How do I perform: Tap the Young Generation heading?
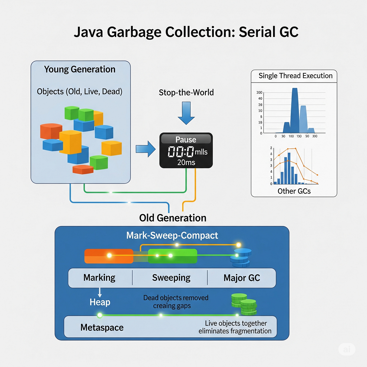pos(80,69)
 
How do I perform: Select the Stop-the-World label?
pos(186,92)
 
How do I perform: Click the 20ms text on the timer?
pos(186,162)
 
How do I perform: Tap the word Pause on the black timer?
pos(186,139)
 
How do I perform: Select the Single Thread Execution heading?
pos(295,76)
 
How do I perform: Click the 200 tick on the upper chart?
pos(259,92)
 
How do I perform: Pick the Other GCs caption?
pos(294,191)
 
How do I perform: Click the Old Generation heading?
pos(172,218)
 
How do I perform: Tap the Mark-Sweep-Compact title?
pos(172,235)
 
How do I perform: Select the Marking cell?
pos(99,278)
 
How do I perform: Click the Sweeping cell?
pos(171,278)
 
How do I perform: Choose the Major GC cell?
pos(242,278)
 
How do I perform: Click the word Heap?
pos(100,302)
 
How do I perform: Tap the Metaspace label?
pos(102,328)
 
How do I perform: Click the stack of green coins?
pos(245,304)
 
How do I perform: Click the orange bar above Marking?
pos(109,256)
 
